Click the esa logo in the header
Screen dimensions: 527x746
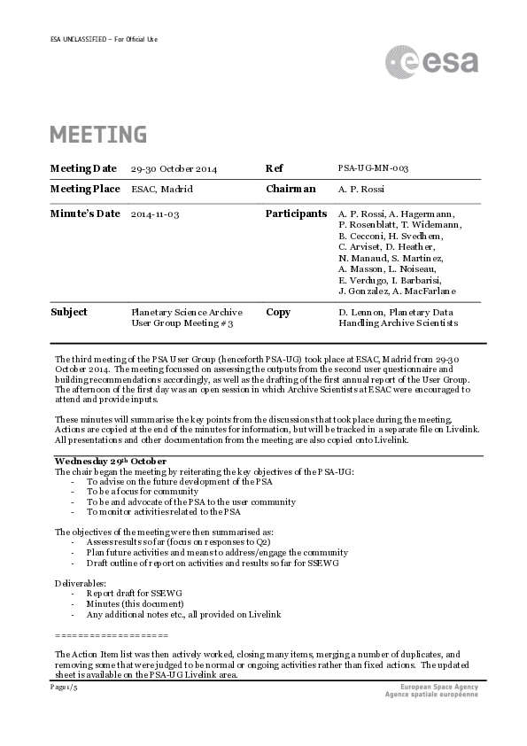pos(431,62)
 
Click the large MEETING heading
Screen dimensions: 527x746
pos(98,135)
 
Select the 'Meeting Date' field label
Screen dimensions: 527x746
pos(82,168)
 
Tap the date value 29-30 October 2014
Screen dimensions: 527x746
pos(174,168)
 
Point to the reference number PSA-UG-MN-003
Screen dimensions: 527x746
pos(373,168)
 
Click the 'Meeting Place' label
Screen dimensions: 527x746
pos(84,189)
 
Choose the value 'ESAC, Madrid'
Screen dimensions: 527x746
pos(161,189)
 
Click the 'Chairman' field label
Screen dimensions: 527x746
pos(291,189)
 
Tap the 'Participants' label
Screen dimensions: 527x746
pos(296,214)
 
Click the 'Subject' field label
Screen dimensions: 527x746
pos(69,312)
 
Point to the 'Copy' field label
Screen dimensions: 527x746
pos(278,312)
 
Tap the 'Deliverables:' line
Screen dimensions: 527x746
pos(81,583)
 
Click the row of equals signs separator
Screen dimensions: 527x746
pos(111,636)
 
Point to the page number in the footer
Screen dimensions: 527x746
pos(64,687)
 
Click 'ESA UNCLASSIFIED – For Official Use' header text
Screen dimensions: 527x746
pos(105,39)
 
